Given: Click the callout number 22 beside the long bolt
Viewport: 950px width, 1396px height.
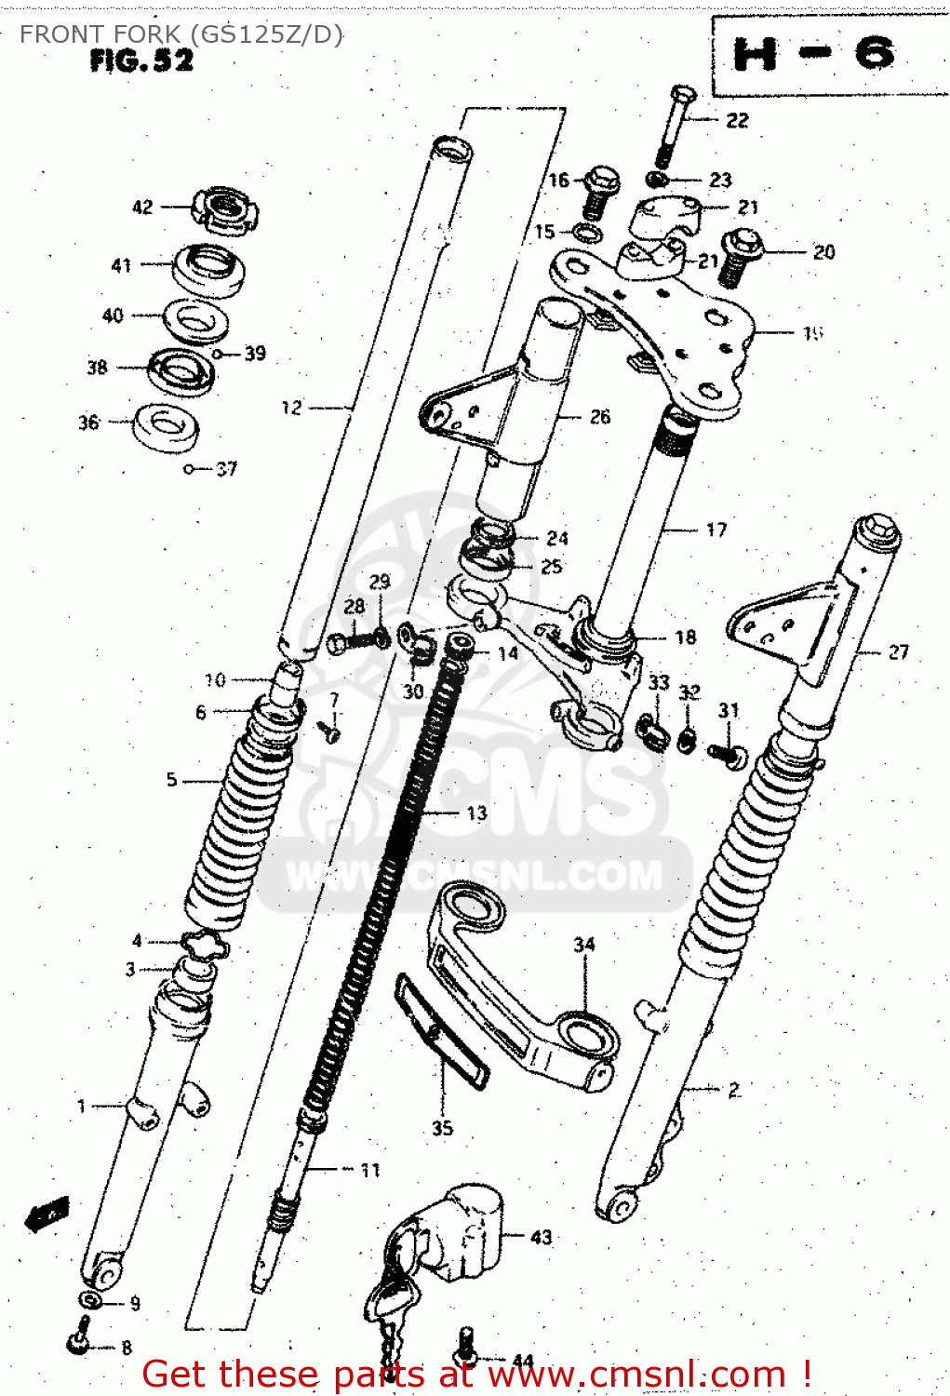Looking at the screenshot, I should [x=737, y=120].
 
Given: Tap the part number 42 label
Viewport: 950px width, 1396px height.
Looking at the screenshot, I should [x=142, y=207].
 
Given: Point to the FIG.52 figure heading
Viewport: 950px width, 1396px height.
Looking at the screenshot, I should [x=142, y=61].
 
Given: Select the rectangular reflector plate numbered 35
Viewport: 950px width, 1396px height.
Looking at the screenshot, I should [x=442, y=1030].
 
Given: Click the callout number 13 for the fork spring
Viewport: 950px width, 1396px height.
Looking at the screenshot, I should [x=476, y=813].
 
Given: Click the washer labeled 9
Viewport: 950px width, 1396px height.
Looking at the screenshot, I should [x=91, y=1300].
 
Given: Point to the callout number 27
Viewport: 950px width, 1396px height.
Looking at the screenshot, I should [x=898, y=651].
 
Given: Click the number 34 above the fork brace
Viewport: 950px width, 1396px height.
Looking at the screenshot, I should [x=583, y=945].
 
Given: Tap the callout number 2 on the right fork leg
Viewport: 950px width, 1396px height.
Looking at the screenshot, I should [x=734, y=1089].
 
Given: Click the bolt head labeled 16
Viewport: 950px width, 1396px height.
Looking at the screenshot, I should [x=602, y=181].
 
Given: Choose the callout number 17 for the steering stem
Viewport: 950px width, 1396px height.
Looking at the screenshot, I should [x=716, y=530].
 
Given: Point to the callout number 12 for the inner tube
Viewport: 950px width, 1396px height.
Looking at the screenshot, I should [x=291, y=407].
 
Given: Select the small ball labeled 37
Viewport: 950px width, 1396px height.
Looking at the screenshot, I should [x=189, y=469].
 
